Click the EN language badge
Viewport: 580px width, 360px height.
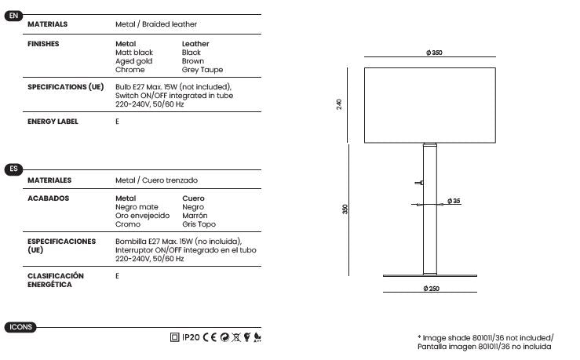point(13,16)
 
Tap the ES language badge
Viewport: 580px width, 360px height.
point(13,169)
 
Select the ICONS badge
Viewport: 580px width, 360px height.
point(20,327)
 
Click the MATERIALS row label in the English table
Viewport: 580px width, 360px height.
point(47,24)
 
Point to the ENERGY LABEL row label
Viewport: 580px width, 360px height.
point(53,122)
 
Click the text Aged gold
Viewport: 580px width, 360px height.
point(133,61)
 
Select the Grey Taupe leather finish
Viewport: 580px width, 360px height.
point(202,70)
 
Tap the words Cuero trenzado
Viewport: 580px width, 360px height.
point(170,180)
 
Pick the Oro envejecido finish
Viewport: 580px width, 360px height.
point(142,216)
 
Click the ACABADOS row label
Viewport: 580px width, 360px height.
point(48,198)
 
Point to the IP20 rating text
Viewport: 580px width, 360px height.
point(191,337)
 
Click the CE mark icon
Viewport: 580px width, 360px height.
point(210,337)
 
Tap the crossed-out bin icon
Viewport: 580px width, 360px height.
point(236,337)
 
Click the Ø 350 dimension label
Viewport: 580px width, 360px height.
point(434,53)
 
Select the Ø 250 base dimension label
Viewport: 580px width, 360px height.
point(431,289)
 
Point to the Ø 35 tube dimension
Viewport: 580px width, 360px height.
point(454,201)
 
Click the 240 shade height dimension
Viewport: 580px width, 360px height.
point(339,104)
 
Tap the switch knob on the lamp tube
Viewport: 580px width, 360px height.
point(419,183)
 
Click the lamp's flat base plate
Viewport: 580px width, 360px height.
point(430,275)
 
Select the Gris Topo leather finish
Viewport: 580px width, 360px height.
point(199,224)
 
